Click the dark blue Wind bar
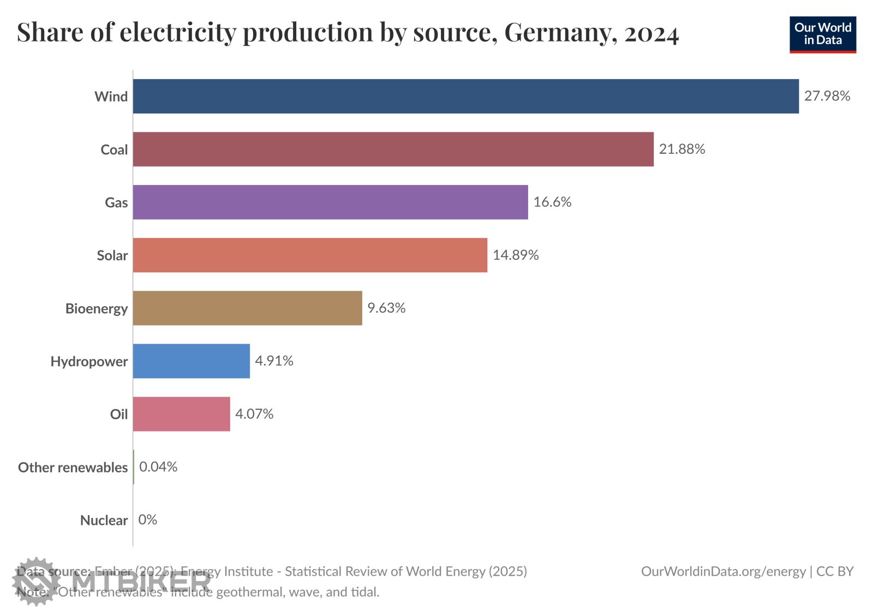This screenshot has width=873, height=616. [465, 97]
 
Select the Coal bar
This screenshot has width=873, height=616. [393, 149]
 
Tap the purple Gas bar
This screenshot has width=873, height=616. [330, 202]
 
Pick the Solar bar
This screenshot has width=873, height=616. [310, 255]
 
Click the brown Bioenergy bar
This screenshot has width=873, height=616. [247, 308]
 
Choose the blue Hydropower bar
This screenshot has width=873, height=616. [191, 361]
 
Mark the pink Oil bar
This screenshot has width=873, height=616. [181, 414]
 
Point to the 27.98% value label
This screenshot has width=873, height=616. [827, 96]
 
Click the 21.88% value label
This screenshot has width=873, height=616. [681, 149]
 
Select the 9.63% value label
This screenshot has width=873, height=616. [386, 308]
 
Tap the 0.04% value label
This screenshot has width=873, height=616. [158, 467]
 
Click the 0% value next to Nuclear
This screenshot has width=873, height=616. [147, 519]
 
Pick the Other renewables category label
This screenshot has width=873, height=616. [73, 467]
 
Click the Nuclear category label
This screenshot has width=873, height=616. [104, 520]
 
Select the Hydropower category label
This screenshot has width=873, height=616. [89, 361]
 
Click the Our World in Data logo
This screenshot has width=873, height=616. [822, 34]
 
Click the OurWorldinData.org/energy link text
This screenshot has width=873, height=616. [723, 571]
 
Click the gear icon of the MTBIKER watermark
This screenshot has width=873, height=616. [35, 581]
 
